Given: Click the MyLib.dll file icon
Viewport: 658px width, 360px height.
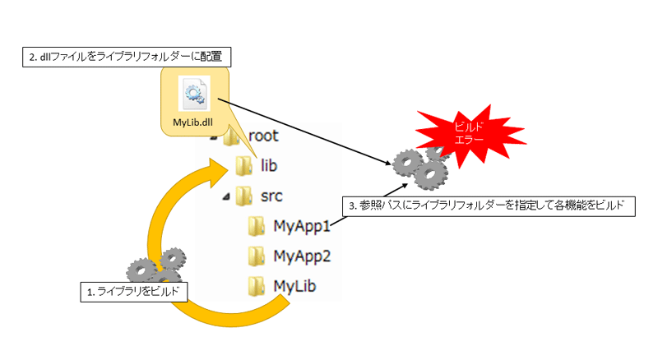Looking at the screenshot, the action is coord(194,93).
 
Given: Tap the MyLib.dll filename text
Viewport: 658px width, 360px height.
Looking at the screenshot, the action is coord(193,122).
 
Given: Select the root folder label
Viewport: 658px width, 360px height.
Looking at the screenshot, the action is coord(263,136).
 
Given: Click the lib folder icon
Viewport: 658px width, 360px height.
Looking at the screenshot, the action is coord(243,166).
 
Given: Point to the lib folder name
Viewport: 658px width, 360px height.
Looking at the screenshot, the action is coord(269,165).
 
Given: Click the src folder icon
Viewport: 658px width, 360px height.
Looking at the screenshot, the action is coord(243,196).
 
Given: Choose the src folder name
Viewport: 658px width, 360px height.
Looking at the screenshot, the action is coord(271,196).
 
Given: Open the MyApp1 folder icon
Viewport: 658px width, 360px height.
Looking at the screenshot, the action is coord(256,226).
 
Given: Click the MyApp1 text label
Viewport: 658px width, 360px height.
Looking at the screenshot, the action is coord(302,227).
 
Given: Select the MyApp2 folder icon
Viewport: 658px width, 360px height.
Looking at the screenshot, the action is coord(256,256).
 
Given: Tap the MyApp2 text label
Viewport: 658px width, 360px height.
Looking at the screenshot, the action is coord(302,256).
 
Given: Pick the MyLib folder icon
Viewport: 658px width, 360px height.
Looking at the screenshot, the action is coord(256,287).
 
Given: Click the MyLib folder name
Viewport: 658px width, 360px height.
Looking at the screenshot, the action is coord(294,286).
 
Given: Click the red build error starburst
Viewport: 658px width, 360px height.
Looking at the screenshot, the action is coord(470,133).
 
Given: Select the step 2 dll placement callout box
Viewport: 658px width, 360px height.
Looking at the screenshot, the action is coord(127,57).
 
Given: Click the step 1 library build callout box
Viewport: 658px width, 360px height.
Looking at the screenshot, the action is coord(134,292).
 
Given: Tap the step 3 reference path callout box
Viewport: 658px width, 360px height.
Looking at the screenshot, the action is coord(489,206).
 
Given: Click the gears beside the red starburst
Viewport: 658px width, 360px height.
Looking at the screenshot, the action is coord(421,167).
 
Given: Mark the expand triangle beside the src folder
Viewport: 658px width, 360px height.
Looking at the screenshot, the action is coord(227,196).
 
